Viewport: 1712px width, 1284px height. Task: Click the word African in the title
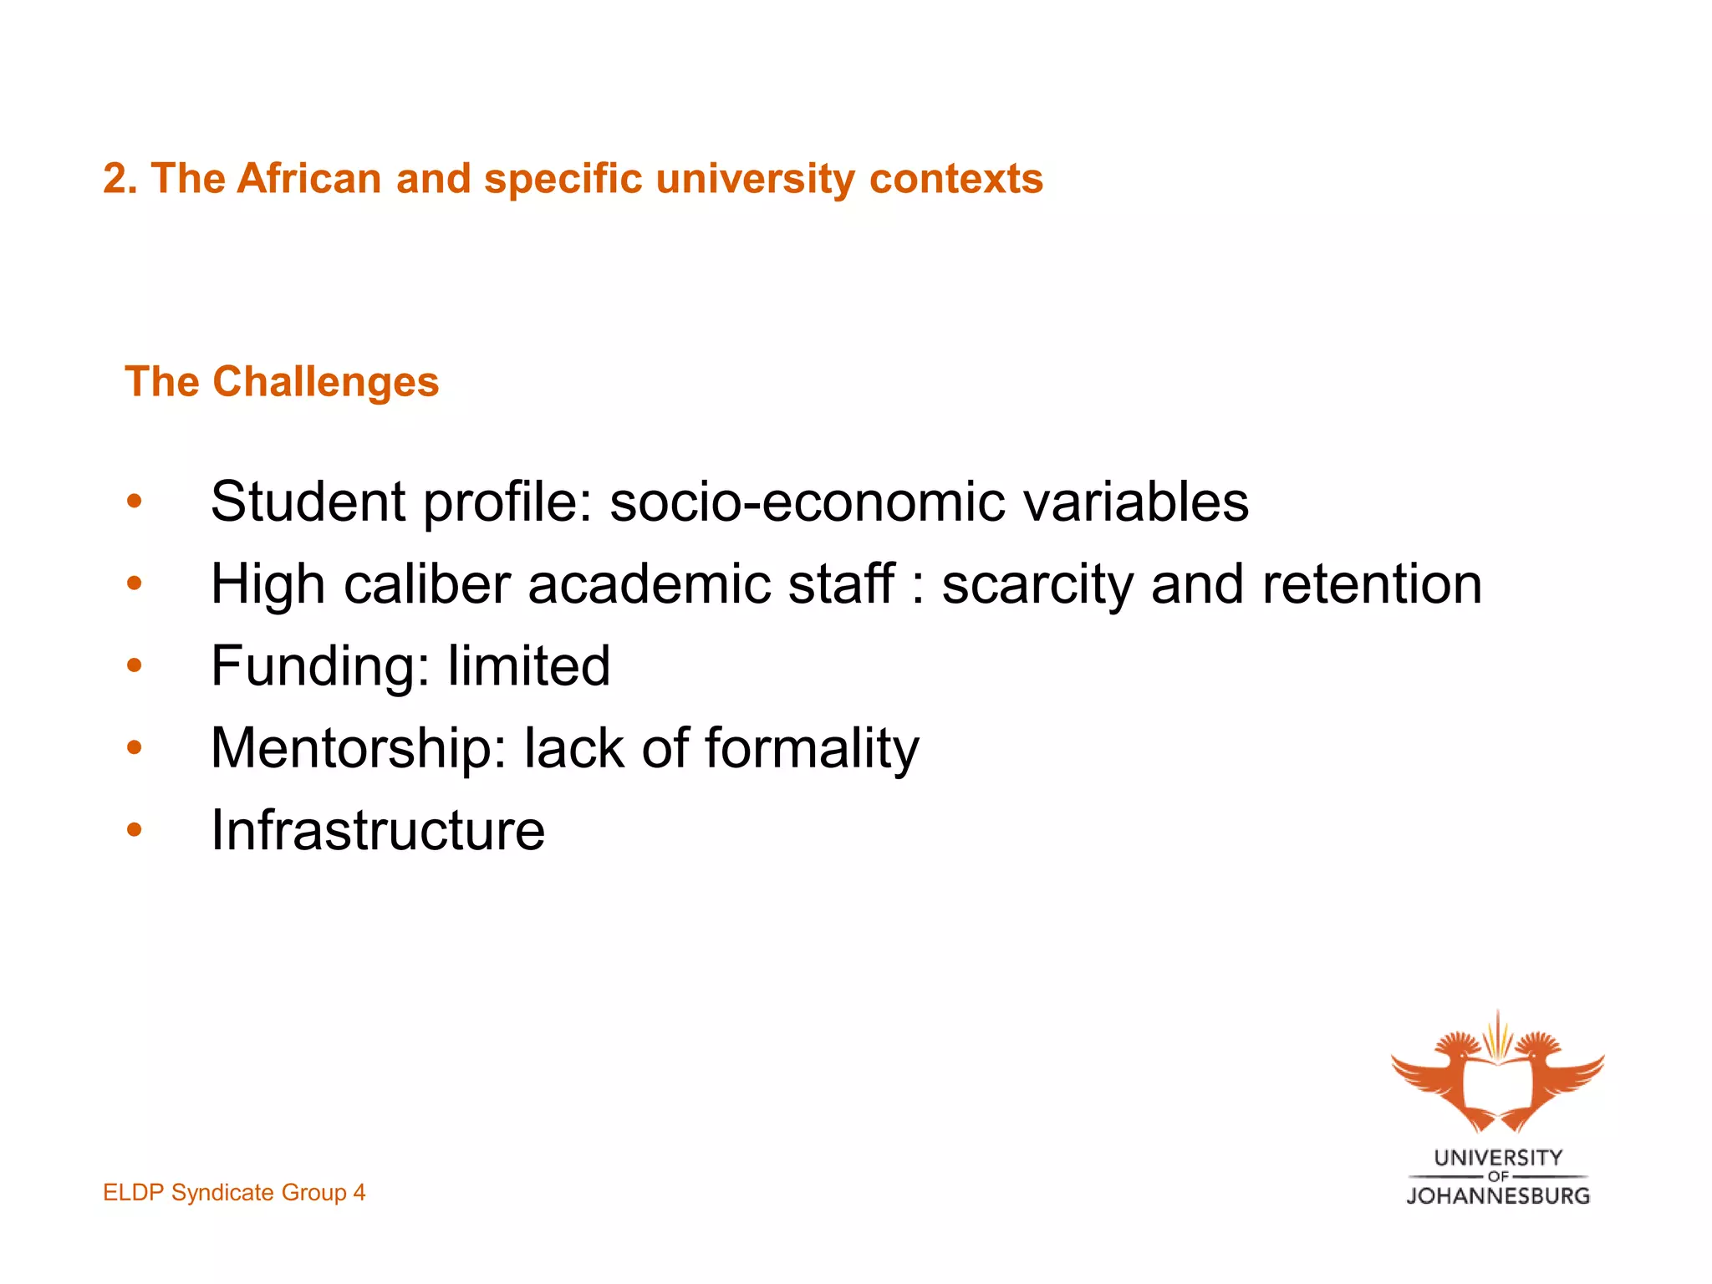tap(309, 179)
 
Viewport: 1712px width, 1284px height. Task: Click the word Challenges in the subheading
tap(325, 382)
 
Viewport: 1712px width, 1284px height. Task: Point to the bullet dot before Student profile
tap(135, 502)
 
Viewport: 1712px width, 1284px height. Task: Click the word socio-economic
tap(807, 502)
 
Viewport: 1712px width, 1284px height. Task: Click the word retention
tap(1372, 583)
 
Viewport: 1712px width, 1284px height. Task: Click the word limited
tap(528, 665)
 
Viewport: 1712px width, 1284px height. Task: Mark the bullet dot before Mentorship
tap(135, 748)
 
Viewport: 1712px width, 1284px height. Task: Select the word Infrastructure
tap(378, 830)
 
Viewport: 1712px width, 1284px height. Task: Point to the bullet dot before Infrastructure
tap(135, 830)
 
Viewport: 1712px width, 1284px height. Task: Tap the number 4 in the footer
tap(359, 1192)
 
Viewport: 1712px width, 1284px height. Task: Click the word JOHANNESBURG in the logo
tap(1498, 1196)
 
